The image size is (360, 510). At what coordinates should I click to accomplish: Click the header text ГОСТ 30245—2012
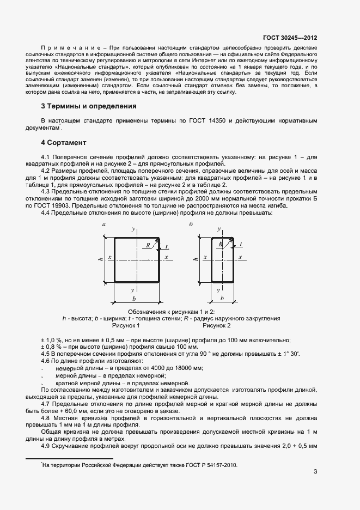coord(290,38)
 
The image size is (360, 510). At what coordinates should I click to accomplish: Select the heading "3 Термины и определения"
coord(89,106)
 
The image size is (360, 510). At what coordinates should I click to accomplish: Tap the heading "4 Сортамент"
coord(64,143)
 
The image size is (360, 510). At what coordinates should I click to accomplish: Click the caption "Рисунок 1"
coord(126,325)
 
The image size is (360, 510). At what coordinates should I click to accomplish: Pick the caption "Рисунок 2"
coord(217,325)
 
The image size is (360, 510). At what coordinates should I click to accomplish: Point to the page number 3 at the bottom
coord(315,471)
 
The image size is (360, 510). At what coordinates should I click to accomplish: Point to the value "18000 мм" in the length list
coord(188,368)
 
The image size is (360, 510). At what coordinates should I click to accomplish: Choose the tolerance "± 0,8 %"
coord(52,347)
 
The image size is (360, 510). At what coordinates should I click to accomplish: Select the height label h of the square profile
coord(101,258)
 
